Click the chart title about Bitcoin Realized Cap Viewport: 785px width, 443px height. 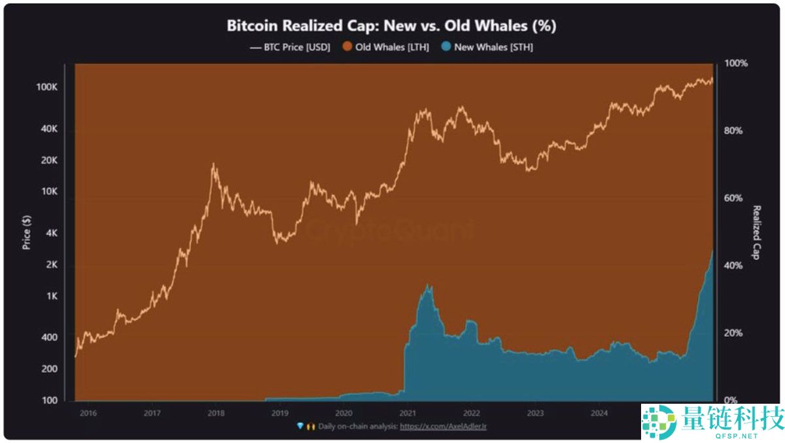click(x=391, y=26)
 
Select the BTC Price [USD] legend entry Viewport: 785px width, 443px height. click(x=290, y=47)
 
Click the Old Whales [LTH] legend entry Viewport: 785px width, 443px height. click(x=386, y=47)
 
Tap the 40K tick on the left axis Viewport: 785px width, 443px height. click(x=50, y=130)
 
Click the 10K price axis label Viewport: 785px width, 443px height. click(x=50, y=192)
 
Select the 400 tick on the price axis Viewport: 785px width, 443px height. click(x=50, y=338)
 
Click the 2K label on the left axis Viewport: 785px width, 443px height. click(x=52, y=265)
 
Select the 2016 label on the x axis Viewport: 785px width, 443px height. click(x=88, y=413)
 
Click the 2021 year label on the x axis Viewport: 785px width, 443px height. click(x=408, y=413)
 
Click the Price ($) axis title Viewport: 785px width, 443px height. click(x=27, y=232)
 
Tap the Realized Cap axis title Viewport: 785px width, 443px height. click(x=757, y=232)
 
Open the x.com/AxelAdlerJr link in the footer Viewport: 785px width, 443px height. click(x=443, y=426)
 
